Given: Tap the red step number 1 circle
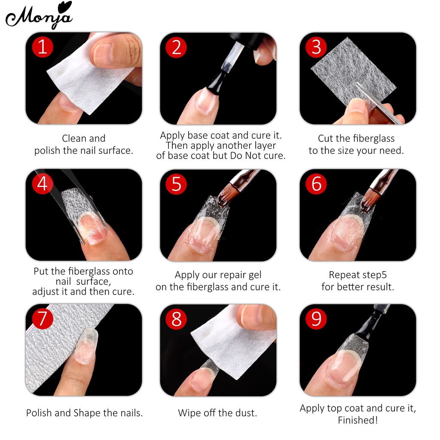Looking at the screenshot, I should pos(43,46).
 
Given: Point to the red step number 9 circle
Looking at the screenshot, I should pos(316,318).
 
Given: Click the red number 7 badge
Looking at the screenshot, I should pos(43,318).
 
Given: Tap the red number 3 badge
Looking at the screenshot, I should pos(316,47).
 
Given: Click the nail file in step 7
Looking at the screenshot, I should pos(52,348).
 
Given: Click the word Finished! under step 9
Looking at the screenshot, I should pos(357,420).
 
